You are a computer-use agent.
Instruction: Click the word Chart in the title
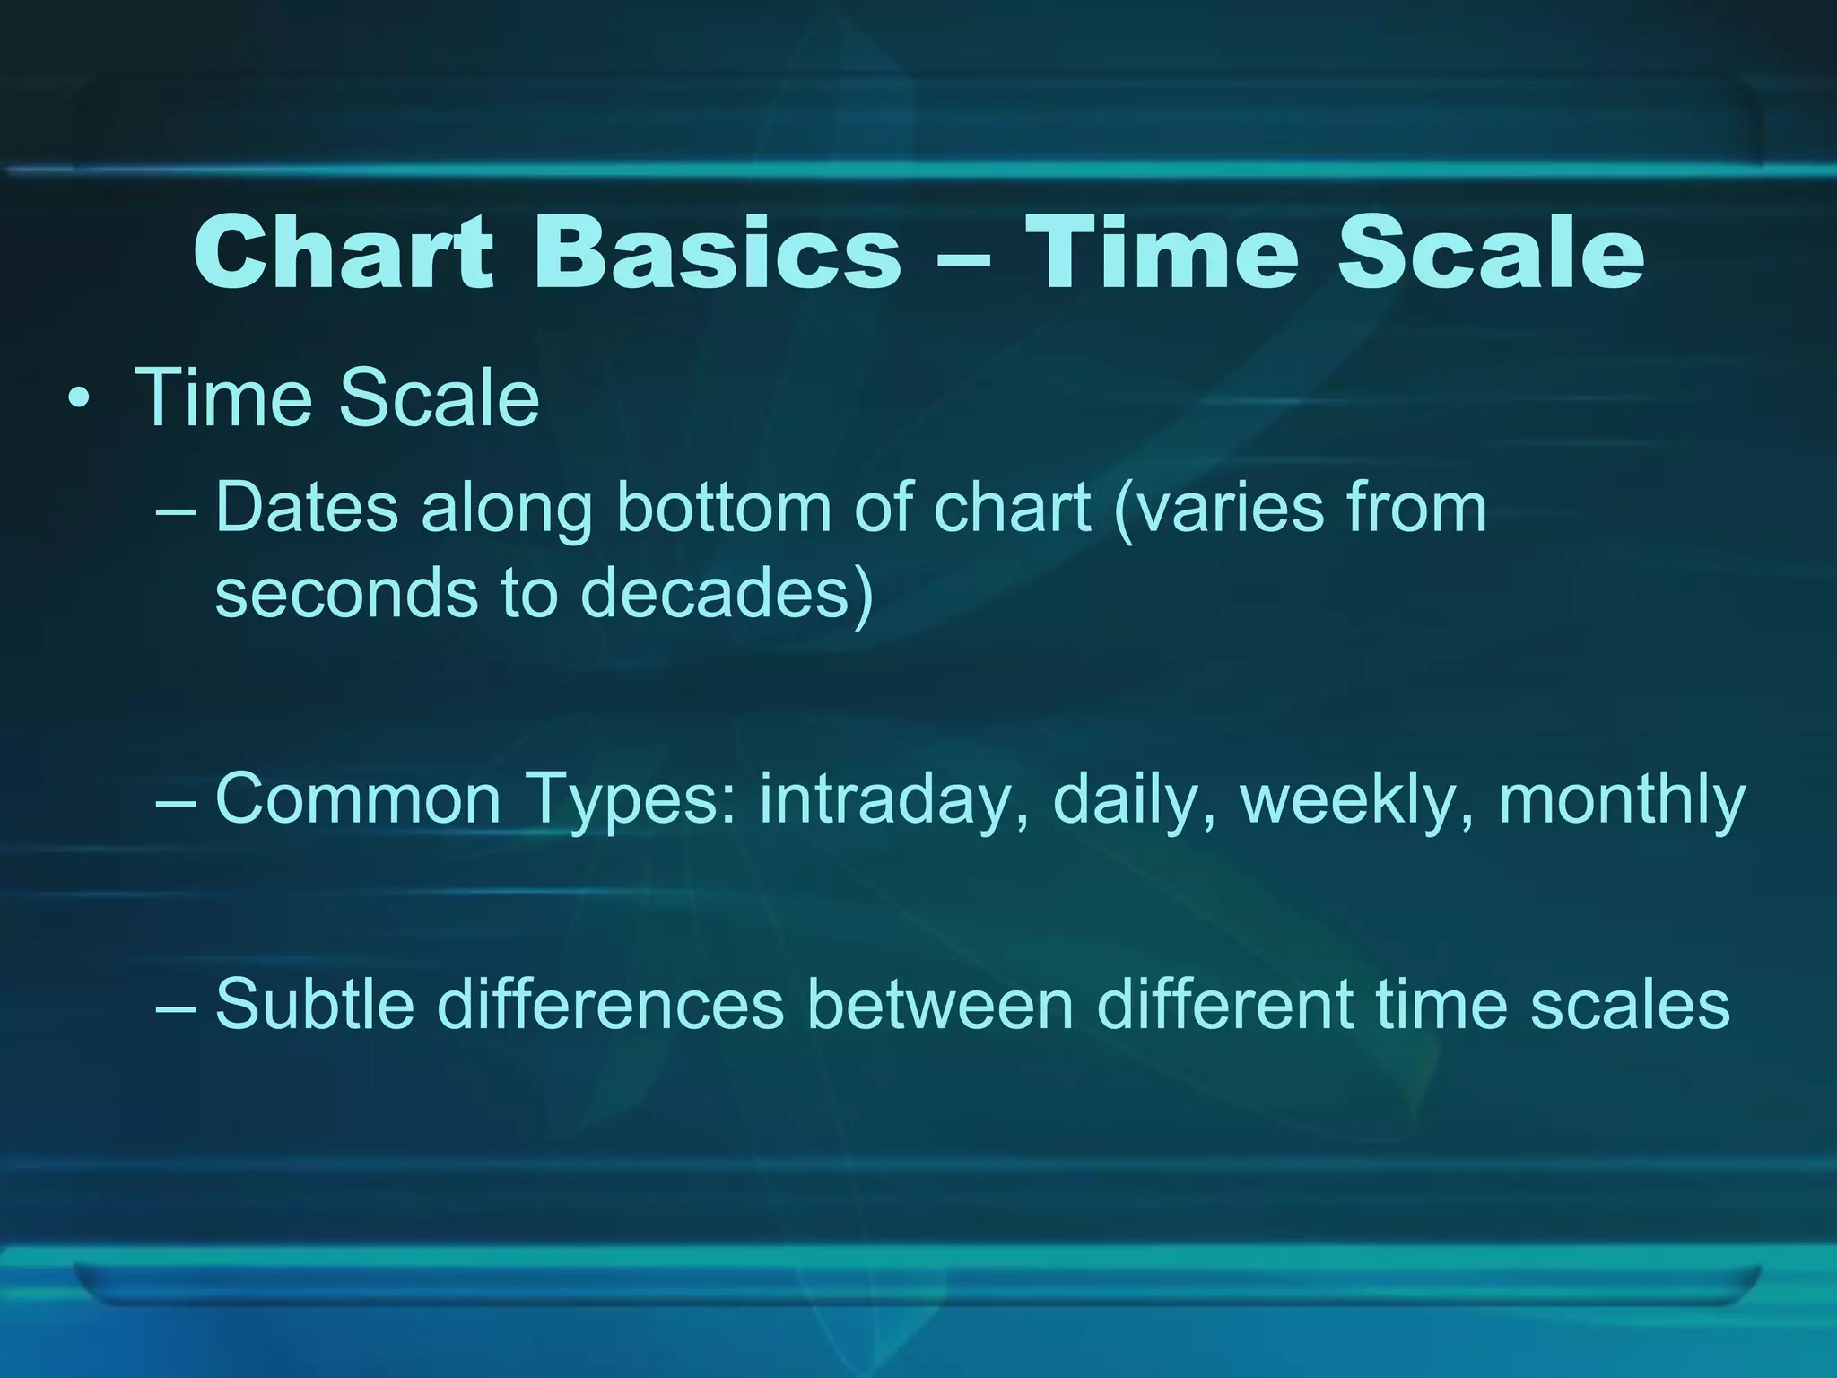(x=343, y=253)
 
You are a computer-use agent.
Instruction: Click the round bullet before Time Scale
(x=80, y=400)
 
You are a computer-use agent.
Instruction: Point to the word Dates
(x=306, y=509)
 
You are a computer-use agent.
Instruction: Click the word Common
(x=358, y=799)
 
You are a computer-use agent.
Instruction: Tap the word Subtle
(x=315, y=1004)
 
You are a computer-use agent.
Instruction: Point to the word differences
(x=611, y=1004)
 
